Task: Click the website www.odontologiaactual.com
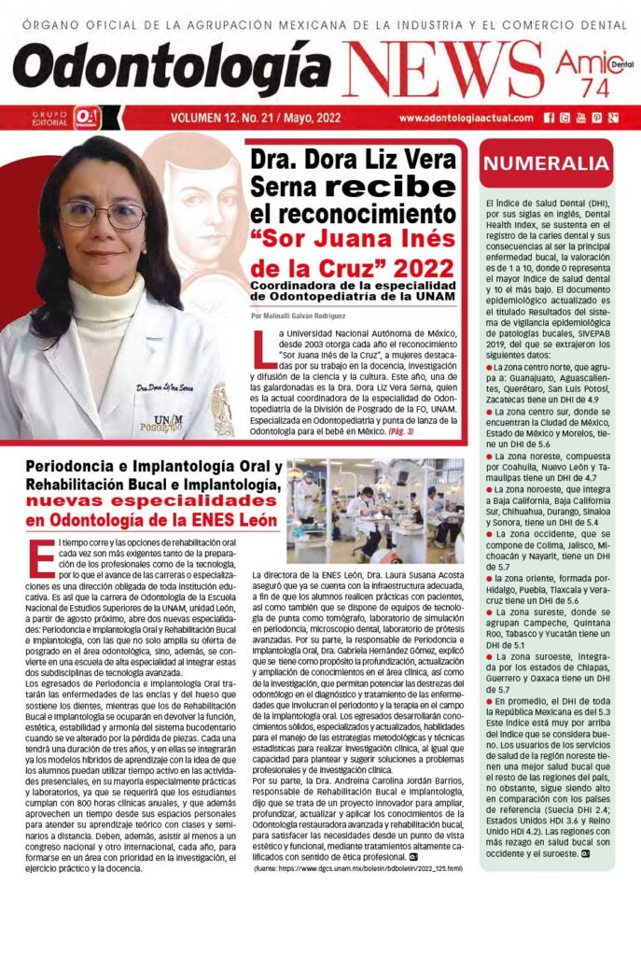466,119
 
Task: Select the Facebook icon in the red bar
550,119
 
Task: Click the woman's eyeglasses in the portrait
102,215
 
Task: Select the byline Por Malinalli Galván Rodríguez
310,316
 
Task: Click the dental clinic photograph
374,511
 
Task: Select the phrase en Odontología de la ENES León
152,520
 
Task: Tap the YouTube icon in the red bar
580,119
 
